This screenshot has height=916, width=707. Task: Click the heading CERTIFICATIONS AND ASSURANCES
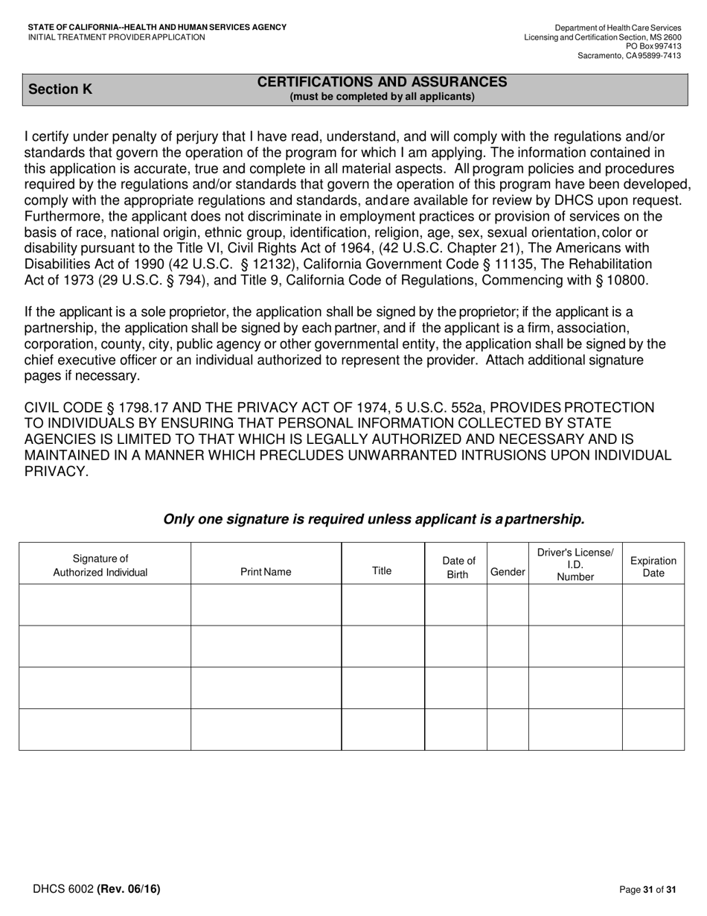[x=382, y=82]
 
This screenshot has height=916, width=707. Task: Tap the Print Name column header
[x=266, y=572]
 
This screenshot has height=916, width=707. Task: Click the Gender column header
[x=508, y=572]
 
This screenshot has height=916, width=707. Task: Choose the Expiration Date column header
[x=653, y=567]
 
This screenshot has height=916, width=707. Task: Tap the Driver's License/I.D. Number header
[x=575, y=564]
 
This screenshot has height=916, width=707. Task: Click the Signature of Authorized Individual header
[x=100, y=566]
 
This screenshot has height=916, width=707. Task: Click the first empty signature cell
[x=105, y=605]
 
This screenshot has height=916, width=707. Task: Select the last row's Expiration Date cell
[x=653, y=729]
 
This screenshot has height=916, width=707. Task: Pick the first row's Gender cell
[x=508, y=605]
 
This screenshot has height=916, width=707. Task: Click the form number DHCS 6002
[x=63, y=888]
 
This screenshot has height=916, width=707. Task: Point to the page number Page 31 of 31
[x=647, y=889]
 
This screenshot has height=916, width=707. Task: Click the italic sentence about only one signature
[x=374, y=519]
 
